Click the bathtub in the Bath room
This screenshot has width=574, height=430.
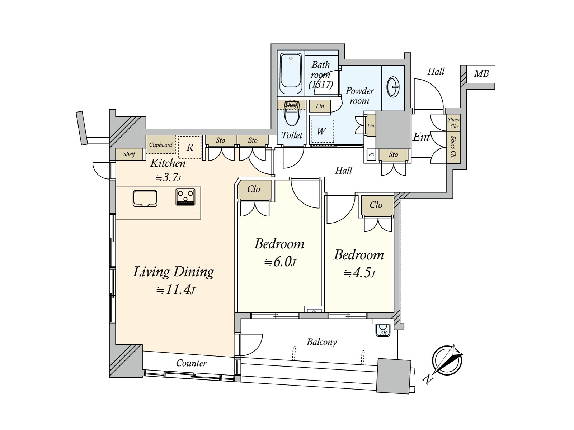tap(291, 73)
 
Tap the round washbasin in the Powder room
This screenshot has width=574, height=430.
tap(392, 87)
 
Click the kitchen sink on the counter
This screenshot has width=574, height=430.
tap(145, 199)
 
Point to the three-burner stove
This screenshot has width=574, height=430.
tap(185, 197)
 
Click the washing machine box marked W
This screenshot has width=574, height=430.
tap(322, 131)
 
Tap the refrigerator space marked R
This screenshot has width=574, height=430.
tap(190, 147)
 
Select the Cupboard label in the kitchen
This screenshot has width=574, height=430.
tap(161, 145)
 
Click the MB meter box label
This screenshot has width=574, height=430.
tap(481, 73)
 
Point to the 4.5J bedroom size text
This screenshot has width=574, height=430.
tap(359, 273)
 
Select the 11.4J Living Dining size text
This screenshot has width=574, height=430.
tap(175, 290)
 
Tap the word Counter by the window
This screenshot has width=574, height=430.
tap(192, 363)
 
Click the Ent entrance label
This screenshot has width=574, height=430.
tap(421, 137)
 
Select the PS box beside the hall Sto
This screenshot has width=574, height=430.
tap(371, 154)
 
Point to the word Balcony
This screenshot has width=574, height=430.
tap(322, 342)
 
